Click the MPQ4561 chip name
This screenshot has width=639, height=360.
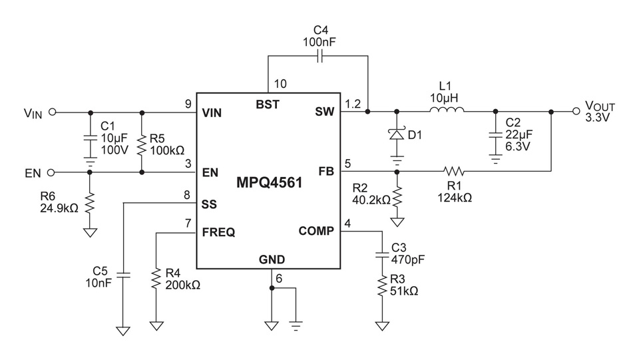click(269, 182)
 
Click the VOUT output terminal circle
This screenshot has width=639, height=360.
click(577, 112)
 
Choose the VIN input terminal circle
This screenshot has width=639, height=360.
click(52, 112)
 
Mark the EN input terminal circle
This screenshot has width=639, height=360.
click(52, 172)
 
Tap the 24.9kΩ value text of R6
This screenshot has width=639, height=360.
click(58, 208)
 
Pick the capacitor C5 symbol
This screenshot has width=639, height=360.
click(123, 273)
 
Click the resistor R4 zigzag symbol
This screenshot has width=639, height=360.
click(156, 279)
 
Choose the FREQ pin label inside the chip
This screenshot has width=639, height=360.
click(218, 232)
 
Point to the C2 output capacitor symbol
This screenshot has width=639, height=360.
click(494, 134)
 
